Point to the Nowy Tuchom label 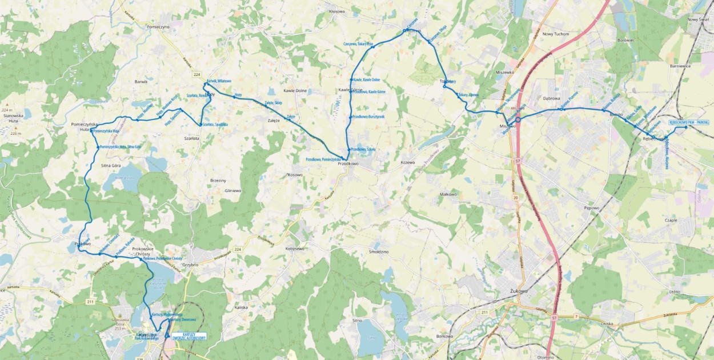coord(556,34)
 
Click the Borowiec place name coord(626,41)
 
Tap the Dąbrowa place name coord(551,98)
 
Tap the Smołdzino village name coord(379,251)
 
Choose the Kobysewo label coord(295,249)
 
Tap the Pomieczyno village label coord(159,27)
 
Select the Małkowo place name coord(449,194)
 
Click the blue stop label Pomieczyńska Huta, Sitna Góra coord(121,147)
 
